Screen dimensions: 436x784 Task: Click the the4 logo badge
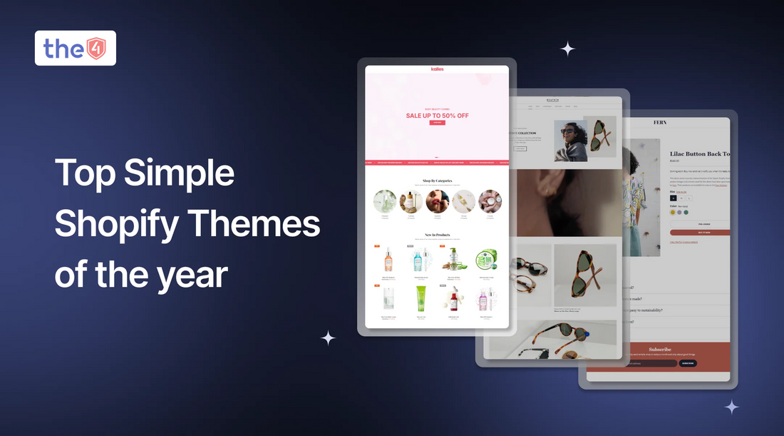click(75, 48)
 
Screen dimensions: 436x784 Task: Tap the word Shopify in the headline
click(115, 224)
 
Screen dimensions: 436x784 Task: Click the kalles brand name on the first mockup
click(437, 69)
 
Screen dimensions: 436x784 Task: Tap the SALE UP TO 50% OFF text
click(437, 116)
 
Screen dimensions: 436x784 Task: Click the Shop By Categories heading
click(437, 181)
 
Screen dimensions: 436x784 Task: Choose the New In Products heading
click(437, 235)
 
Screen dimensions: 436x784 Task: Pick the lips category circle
click(437, 201)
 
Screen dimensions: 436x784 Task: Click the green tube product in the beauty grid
click(420, 300)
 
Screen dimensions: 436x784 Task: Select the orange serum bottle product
click(388, 260)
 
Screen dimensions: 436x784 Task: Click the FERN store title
click(661, 123)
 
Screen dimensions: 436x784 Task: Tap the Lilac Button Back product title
click(699, 154)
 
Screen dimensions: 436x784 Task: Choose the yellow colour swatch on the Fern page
click(673, 212)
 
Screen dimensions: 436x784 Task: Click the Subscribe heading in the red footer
click(661, 350)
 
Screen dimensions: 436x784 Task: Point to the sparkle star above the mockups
click(567, 49)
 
